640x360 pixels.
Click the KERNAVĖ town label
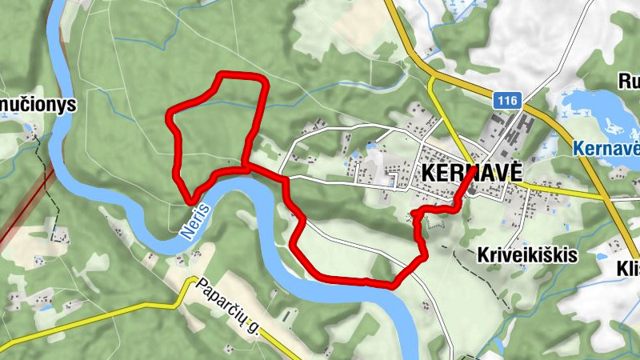tap(470, 172)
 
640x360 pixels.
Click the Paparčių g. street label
tap(229, 305)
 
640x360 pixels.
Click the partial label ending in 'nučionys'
tap(37, 104)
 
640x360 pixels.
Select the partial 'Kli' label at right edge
tap(628, 270)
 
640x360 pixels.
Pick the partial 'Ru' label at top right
tap(629, 81)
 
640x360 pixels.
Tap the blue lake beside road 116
tap(596, 112)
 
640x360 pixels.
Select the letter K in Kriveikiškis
tap(481, 255)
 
